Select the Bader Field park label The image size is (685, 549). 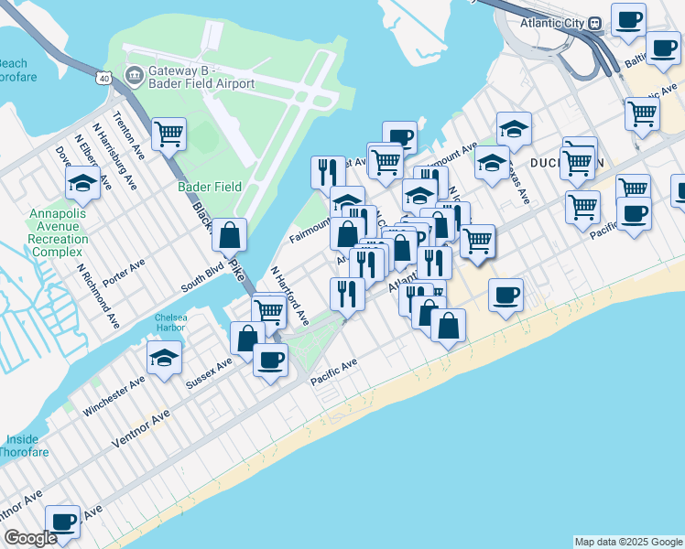(x=210, y=187)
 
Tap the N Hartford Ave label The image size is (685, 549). (x=289, y=296)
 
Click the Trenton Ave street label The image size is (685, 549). (x=125, y=133)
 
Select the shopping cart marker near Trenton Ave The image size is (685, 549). (x=169, y=135)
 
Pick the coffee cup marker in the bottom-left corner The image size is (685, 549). (x=62, y=522)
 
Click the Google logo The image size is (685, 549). (x=30, y=539)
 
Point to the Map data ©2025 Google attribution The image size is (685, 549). (x=628, y=542)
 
